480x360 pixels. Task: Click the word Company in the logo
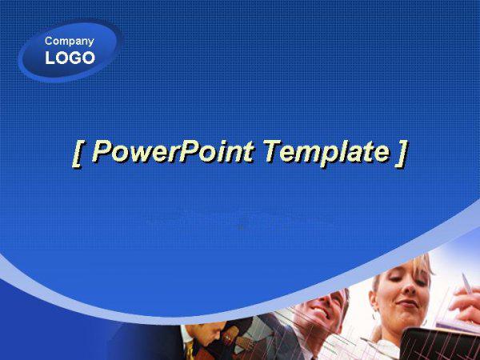pos(69,42)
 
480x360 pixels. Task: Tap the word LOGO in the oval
pos(70,58)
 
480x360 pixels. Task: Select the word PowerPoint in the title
pos(173,151)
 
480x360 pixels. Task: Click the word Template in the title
pos(326,152)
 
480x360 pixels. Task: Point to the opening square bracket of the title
pos(78,154)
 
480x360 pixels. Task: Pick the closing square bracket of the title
pos(402,154)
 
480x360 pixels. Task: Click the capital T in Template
pos(273,151)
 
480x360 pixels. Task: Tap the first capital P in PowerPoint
pos(101,151)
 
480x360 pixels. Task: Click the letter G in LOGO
pos(70,58)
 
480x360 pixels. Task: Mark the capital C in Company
pos(49,41)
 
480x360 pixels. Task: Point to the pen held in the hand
pos(466,283)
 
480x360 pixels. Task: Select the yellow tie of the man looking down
pos(189,351)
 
